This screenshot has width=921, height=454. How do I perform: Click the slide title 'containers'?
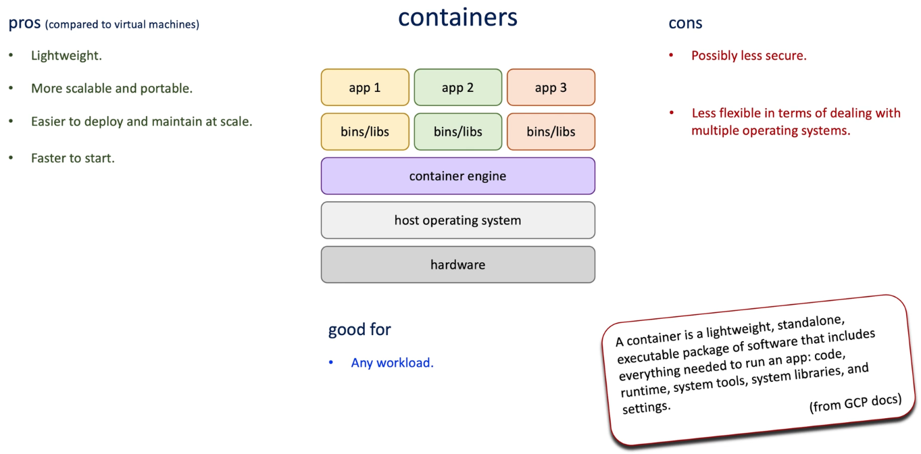click(457, 18)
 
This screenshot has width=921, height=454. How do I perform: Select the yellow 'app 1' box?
click(365, 87)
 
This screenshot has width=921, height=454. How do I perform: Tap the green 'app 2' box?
click(457, 87)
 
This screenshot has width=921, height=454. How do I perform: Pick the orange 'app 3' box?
click(551, 87)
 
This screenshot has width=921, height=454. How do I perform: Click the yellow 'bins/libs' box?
click(365, 132)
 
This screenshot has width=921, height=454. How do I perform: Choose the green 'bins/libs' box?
click(457, 132)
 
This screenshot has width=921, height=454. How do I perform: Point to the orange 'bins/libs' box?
click(551, 132)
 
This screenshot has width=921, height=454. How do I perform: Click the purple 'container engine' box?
click(457, 176)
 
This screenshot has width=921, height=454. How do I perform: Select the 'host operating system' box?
click(457, 220)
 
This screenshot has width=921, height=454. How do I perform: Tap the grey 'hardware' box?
click(457, 265)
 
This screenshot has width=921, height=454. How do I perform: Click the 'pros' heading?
click(24, 24)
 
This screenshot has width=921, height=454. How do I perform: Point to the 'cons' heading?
click(685, 24)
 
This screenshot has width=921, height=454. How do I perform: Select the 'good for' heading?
click(359, 330)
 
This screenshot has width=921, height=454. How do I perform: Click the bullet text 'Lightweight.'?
click(66, 55)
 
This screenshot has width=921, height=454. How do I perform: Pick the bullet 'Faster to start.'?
click(73, 158)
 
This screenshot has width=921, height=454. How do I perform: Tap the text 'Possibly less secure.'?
click(749, 55)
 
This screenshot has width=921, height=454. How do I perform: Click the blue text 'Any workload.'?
click(392, 363)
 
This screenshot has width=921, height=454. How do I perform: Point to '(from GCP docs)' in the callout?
click(855, 403)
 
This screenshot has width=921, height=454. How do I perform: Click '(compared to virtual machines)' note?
click(122, 25)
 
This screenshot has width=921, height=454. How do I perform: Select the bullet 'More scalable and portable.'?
click(111, 89)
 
